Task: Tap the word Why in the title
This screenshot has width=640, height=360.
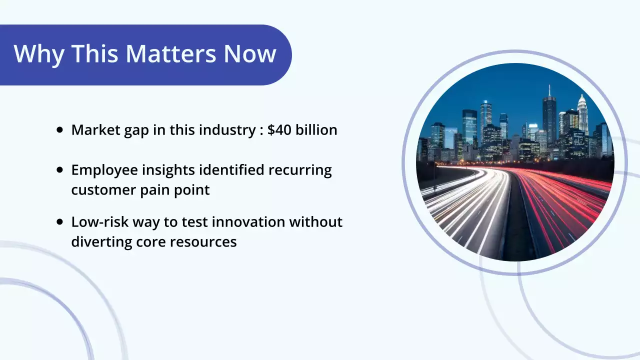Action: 39,54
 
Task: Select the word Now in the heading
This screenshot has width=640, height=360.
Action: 249,54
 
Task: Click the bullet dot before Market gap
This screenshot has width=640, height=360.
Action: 60,130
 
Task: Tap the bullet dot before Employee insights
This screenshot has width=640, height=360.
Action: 60,170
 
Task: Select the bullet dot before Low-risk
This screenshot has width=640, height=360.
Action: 60,221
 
